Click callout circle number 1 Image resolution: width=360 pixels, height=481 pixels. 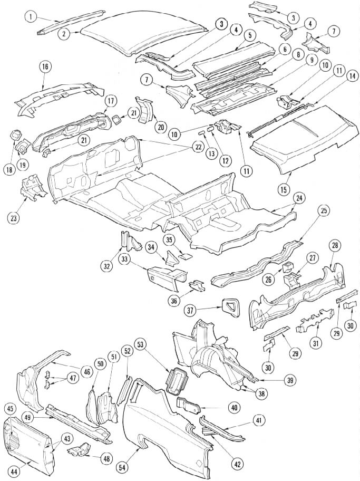click(x=31, y=17)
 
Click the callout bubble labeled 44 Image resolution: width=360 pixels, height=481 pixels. click(x=14, y=473)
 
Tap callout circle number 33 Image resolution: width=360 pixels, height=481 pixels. click(x=125, y=259)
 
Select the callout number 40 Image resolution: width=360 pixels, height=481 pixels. click(x=233, y=407)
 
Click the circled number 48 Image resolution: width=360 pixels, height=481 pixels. click(x=106, y=459)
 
